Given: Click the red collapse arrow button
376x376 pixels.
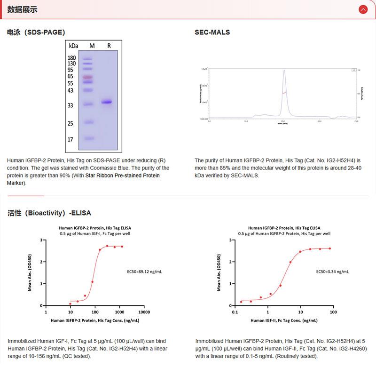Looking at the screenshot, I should (x=362, y=9).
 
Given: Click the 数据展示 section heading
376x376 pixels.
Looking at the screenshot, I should (x=23, y=9).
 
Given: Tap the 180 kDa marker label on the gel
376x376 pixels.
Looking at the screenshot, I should (x=72, y=58).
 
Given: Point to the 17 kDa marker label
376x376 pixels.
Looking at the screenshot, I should (x=70, y=140).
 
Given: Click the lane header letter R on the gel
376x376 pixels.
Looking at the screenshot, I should (x=109, y=46).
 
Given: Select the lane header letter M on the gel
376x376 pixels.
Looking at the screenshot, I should (x=92, y=46).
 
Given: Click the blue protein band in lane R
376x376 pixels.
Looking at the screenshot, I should (x=107, y=102).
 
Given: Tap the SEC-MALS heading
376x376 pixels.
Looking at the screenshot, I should (x=212, y=32).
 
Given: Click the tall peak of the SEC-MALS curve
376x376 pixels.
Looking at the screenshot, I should (x=284, y=72).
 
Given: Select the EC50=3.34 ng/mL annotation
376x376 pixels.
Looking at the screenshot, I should (x=332, y=272).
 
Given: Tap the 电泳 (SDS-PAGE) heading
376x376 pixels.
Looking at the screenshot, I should (x=36, y=32).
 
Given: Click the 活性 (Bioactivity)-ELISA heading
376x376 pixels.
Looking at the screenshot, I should (x=49, y=213).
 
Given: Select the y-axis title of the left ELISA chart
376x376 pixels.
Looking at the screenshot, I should (x=30, y=272).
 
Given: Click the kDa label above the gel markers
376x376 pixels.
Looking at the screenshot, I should (x=73, y=46).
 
